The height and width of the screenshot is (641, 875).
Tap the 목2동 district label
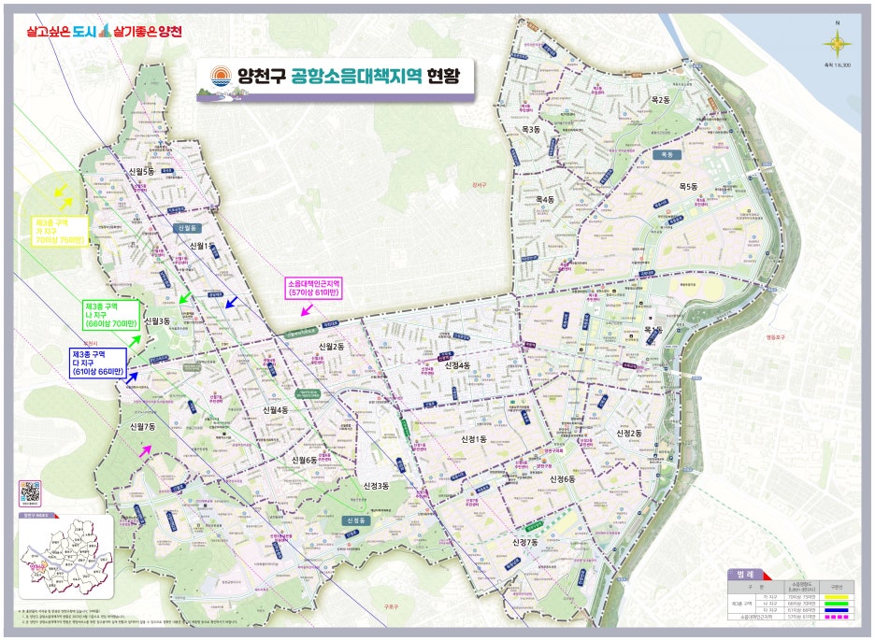(x=661, y=100)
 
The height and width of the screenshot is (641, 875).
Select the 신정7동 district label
(x=526, y=542)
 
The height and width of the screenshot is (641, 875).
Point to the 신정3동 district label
(x=374, y=486)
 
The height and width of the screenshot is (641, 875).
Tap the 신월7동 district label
(x=142, y=426)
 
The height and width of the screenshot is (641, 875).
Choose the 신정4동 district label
(x=457, y=364)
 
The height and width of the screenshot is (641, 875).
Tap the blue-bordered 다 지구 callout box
(x=97, y=363)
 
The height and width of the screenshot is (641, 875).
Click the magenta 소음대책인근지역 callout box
(x=315, y=288)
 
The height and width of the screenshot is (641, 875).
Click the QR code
(x=31, y=493)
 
